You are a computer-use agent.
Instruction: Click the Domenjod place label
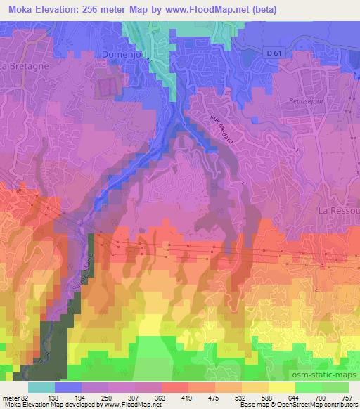click(127, 53)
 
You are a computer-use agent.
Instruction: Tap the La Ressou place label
click(338, 210)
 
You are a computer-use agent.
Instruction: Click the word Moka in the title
click(17, 10)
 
